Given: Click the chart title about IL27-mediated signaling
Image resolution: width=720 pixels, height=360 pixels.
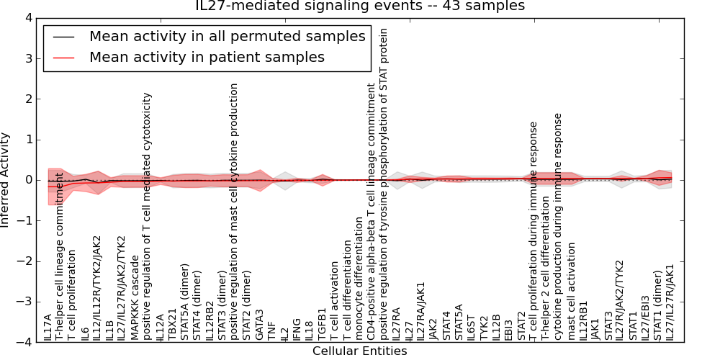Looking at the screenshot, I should (360, 6).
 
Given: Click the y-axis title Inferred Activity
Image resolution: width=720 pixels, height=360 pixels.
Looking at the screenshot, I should (6, 180).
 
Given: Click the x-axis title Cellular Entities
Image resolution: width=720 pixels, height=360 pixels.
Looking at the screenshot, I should (359, 351).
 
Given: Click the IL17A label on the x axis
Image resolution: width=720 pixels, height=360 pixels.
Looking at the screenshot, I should (48, 326).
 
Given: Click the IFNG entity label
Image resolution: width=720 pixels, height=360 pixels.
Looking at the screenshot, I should (297, 328).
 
